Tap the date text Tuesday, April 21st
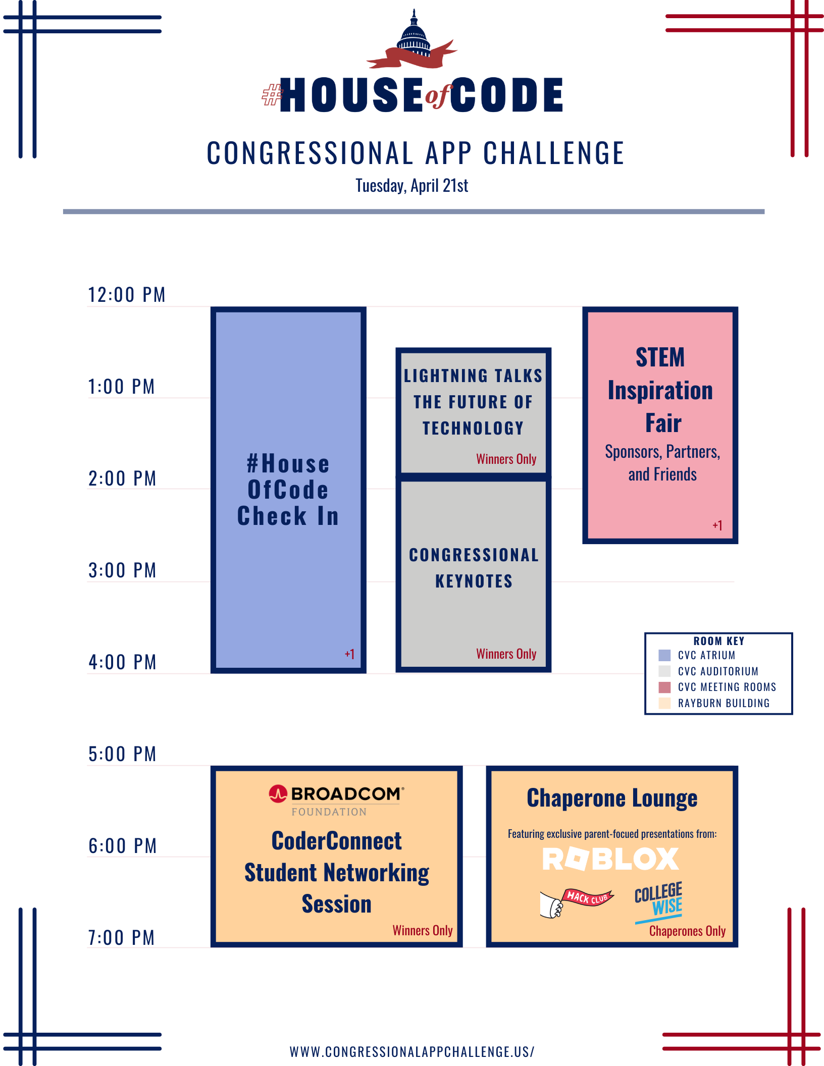tap(412, 186)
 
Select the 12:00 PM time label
tap(127, 295)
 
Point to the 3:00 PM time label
tap(122, 570)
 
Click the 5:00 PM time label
tap(122, 754)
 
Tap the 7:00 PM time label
tap(121, 938)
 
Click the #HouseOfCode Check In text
tap(288, 490)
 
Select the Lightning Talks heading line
tap(473, 376)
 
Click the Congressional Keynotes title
tap(474, 568)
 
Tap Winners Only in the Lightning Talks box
tap(506, 459)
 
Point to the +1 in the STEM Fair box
tap(717, 525)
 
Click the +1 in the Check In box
tap(349, 654)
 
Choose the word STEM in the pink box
tap(660, 357)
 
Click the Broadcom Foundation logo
tap(336, 801)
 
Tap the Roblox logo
tap(611, 859)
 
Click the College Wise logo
tap(659, 903)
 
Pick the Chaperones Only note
tap(687, 931)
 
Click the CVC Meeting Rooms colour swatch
tap(665, 687)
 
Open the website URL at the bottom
tap(412, 1052)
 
